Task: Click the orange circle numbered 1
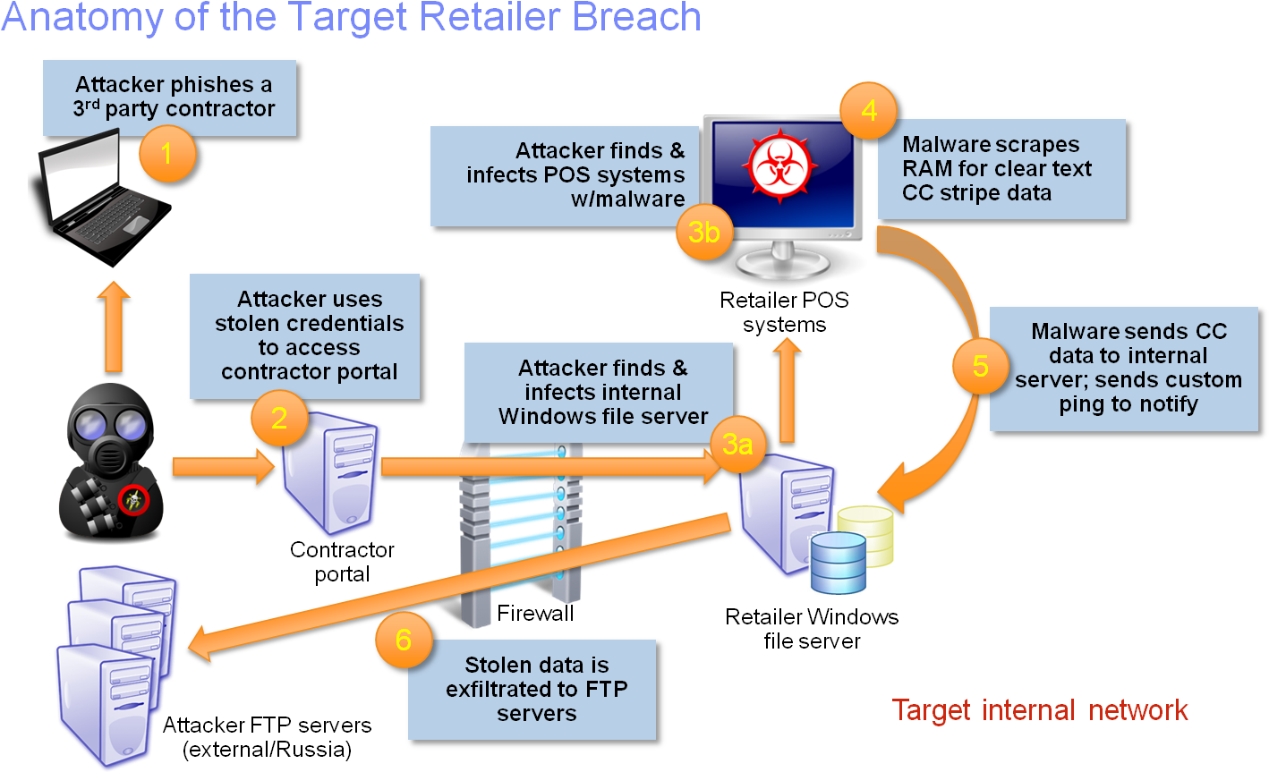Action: point(166,154)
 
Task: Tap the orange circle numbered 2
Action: point(278,418)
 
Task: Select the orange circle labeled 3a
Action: point(737,444)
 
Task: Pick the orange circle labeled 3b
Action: point(704,233)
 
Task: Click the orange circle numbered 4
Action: point(868,111)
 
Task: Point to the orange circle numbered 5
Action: point(980,366)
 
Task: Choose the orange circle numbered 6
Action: point(403,640)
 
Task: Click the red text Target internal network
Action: point(1040,710)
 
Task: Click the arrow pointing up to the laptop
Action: point(114,327)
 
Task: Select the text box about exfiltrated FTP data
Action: point(533,690)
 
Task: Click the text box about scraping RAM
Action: point(1001,169)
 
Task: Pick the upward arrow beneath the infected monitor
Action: point(787,392)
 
